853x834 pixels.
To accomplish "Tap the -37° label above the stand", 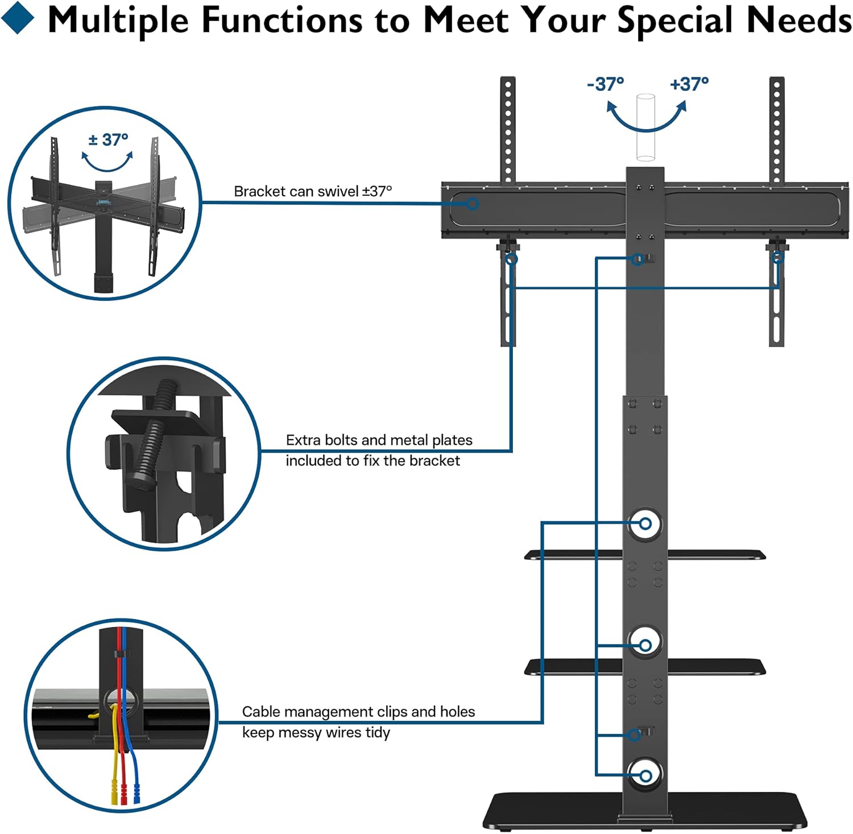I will (x=605, y=84).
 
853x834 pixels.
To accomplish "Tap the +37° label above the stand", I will (x=689, y=84).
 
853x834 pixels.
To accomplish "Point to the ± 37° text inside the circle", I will (x=108, y=139).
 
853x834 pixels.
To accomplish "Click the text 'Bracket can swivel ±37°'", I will (x=313, y=191).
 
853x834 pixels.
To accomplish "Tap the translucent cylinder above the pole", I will (x=645, y=129).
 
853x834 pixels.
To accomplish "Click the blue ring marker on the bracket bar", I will (x=473, y=203).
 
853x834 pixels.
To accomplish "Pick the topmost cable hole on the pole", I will (x=645, y=523).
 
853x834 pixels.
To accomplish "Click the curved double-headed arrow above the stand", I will (x=646, y=116).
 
